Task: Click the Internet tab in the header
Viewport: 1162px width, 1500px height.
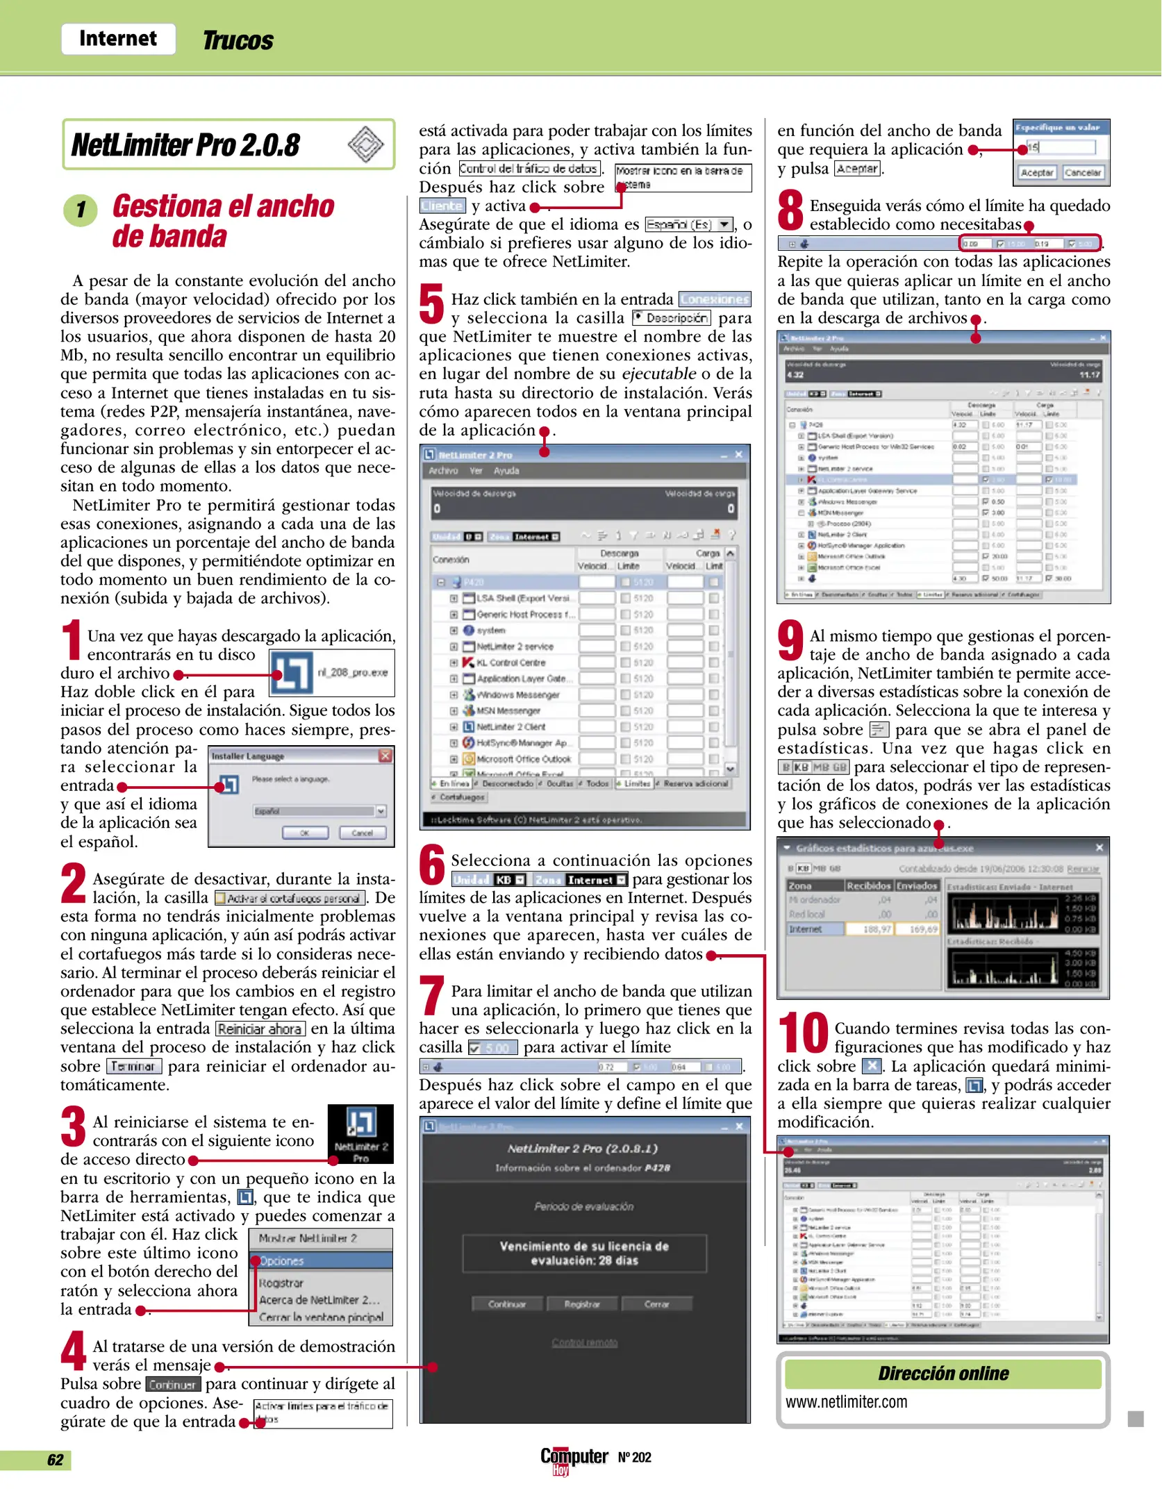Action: [x=118, y=38]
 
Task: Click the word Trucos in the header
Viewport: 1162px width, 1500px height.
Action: [x=238, y=40]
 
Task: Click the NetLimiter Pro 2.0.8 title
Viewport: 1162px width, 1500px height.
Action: [x=185, y=145]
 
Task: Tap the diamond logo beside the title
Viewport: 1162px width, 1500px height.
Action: [x=365, y=144]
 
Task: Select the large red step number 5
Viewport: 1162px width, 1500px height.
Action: [x=431, y=304]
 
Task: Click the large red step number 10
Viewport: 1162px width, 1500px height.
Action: [x=803, y=1033]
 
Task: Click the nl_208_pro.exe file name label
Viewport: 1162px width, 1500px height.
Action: [x=352, y=672]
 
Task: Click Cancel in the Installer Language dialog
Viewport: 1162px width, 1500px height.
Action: [x=363, y=833]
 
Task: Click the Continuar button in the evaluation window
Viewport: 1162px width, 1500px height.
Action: [x=507, y=1304]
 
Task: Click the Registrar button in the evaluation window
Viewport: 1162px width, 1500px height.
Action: [x=582, y=1304]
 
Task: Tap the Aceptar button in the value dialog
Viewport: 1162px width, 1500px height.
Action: [x=1036, y=172]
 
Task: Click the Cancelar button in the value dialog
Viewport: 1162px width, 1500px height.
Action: [x=1083, y=172]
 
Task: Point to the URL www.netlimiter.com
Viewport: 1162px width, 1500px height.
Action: [x=846, y=1402]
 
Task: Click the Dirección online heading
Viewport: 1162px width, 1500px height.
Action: [x=943, y=1374]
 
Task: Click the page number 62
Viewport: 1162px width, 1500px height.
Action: [x=56, y=1460]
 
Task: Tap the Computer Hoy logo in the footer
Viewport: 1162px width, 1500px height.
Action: [x=574, y=1458]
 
